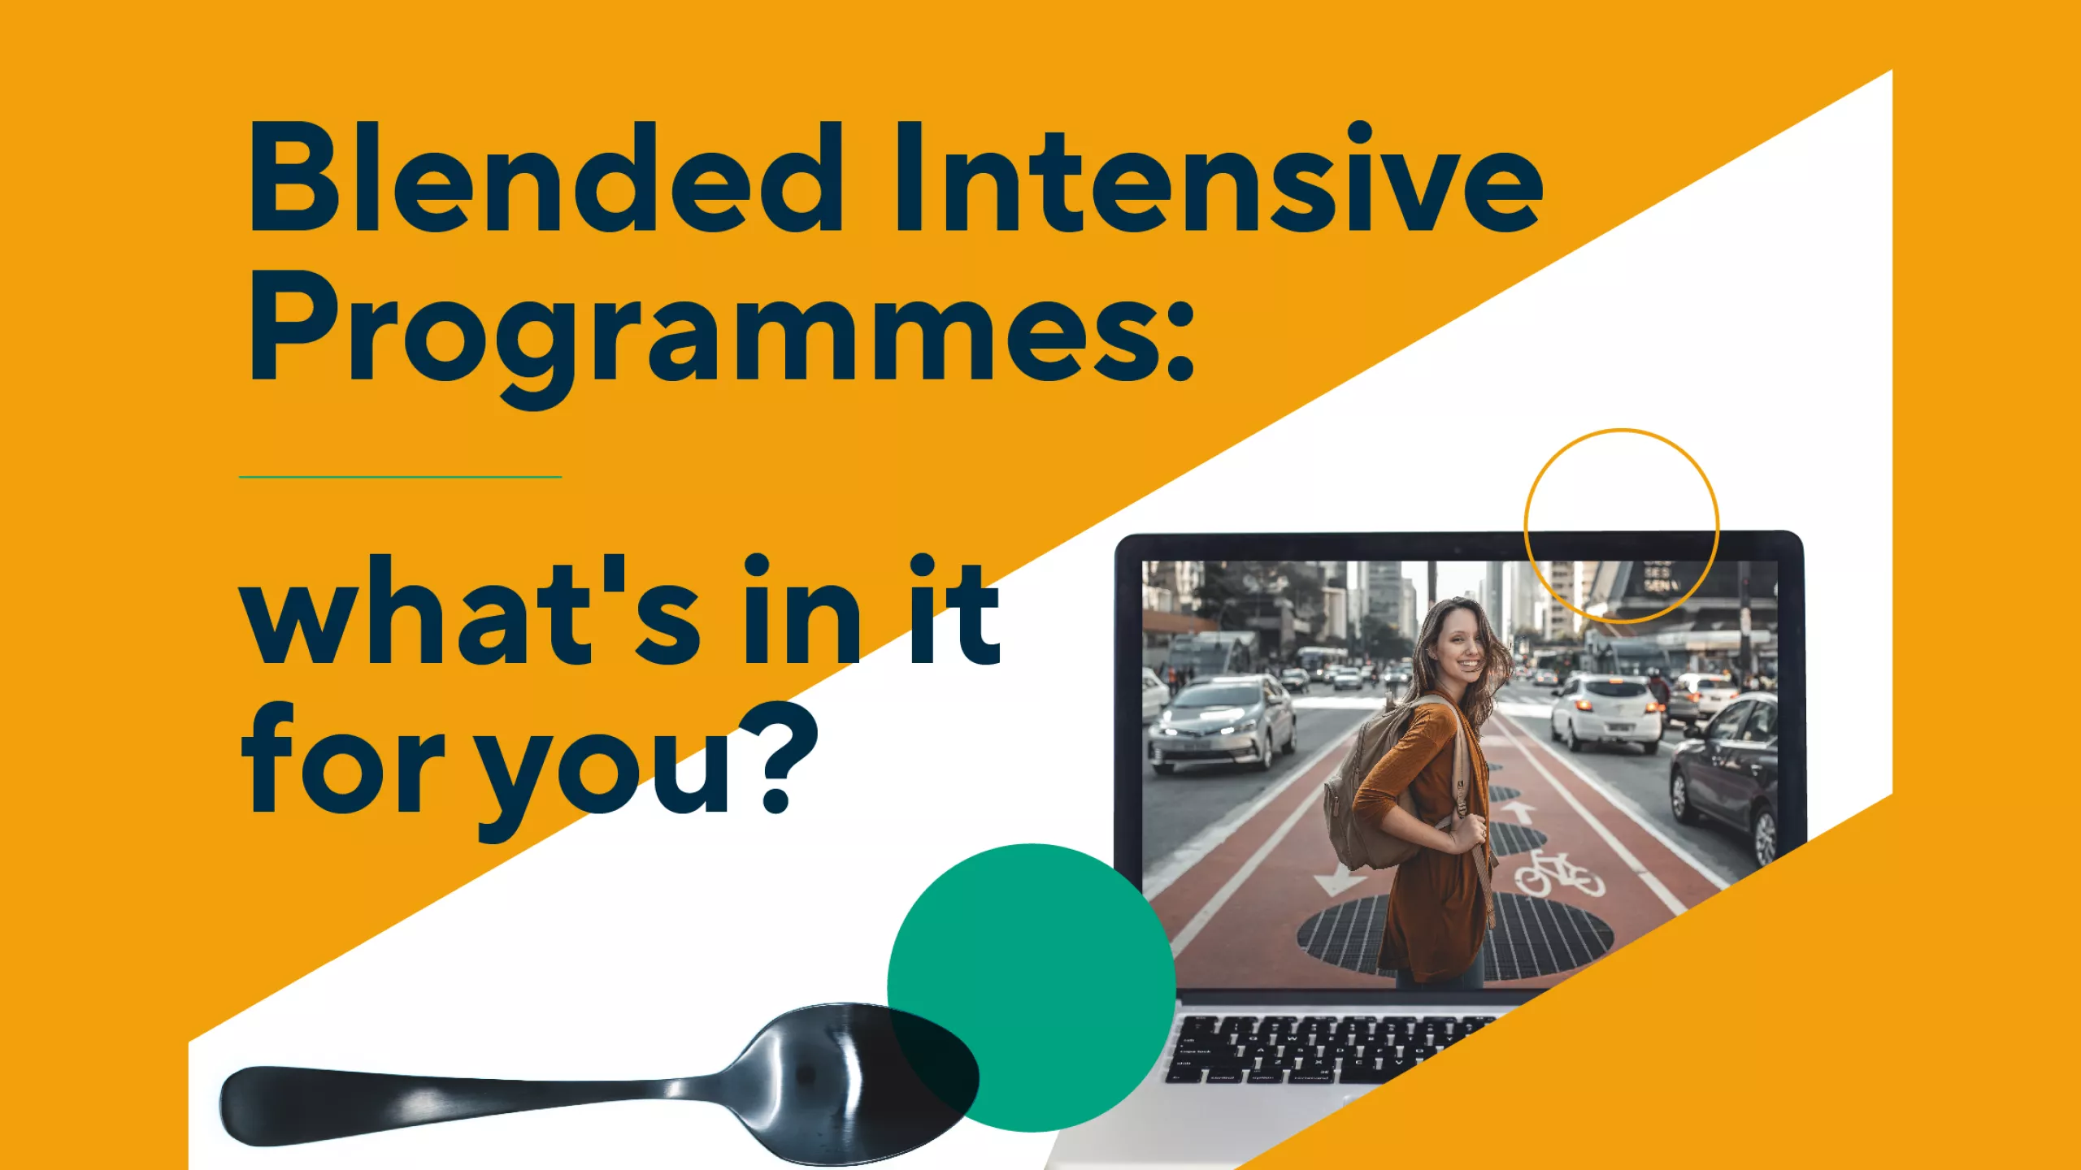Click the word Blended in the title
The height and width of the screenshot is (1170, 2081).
point(546,177)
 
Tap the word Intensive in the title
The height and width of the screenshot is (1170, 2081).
point(1218,177)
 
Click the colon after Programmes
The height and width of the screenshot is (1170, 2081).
point(1180,340)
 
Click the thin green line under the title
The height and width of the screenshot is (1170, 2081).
point(400,477)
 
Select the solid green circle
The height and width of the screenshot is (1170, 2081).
point(1031,987)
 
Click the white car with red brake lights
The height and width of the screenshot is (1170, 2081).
point(1605,712)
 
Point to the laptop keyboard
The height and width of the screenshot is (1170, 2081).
point(1333,1048)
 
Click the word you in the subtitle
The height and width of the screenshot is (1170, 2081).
point(605,772)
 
